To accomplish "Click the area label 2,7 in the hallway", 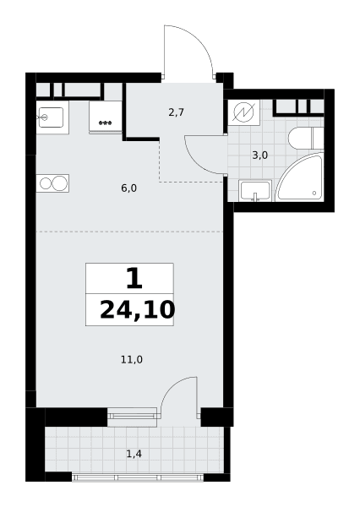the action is [x=177, y=112].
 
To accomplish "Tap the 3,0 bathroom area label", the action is [x=260, y=155].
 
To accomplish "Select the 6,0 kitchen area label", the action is [x=129, y=188].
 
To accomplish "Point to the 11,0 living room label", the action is [x=132, y=360].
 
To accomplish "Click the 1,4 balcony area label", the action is [x=134, y=454].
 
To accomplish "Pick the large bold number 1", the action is [x=134, y=279].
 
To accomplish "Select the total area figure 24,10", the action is [x=138, y=310].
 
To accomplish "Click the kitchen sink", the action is [x=52, y=117].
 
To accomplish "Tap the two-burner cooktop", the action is [x=52, y=183].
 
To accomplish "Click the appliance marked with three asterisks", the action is [x=106, y=117].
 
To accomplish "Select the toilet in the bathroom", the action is [x=306, y=139].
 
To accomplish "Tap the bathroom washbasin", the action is [x=255, y=191].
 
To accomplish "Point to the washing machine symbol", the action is [x=243, y=112].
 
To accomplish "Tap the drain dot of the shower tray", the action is [x=314, y=193].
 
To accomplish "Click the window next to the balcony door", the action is [x=132, y=417].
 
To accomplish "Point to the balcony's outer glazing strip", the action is [x=138, y=477].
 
